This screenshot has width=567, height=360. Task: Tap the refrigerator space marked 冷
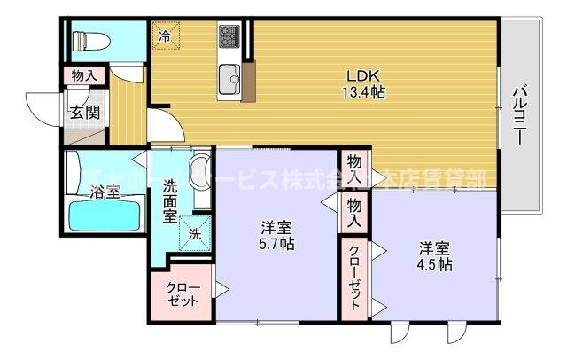pyautogui.click(x=165, y=36)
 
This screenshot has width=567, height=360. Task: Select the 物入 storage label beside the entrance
pyautogui.click(x=83, y=77)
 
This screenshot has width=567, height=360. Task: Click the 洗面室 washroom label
pyautogui.click(x=171, y=201)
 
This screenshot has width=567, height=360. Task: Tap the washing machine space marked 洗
pyautogui.click(x=195, y=233)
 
